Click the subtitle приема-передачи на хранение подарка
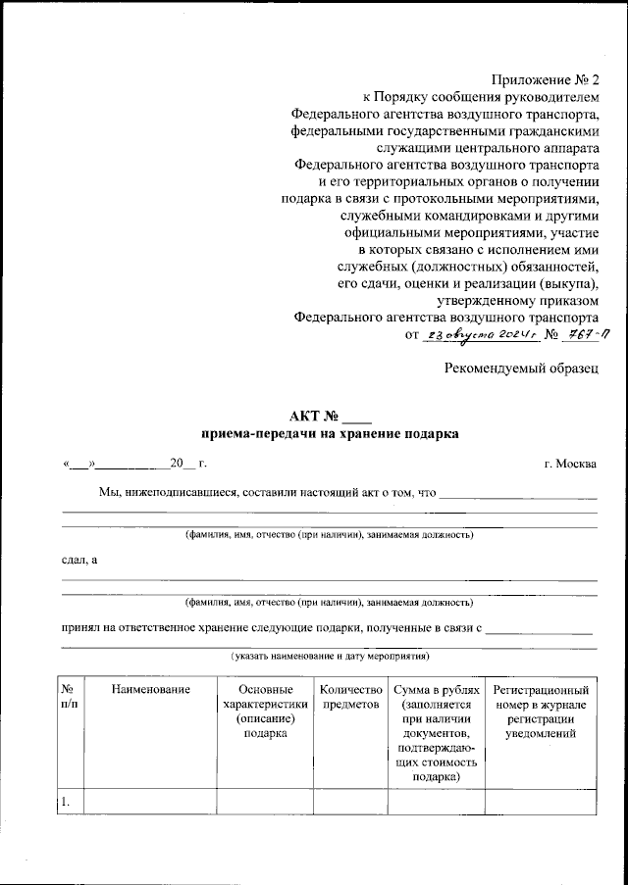(330, 432)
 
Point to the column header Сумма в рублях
(435, 692)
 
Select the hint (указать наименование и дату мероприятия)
(330, 655)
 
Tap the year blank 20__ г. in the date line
(186, 463)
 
